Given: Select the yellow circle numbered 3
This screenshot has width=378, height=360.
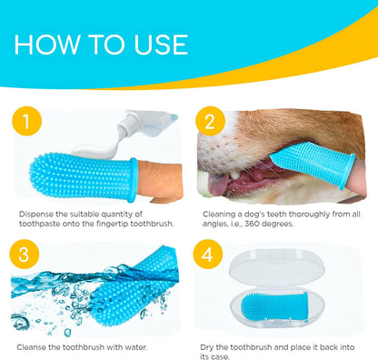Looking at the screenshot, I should pyautogui.click(x=27, y=254).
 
